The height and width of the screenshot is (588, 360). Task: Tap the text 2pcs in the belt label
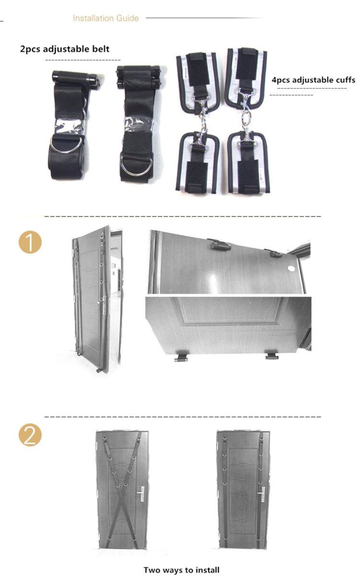[30, 49]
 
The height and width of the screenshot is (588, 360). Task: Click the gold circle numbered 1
[30, 242]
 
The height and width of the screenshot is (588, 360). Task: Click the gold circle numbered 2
[30, 435]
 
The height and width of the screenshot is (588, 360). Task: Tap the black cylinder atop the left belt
[76, 76]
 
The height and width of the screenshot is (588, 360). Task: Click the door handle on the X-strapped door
[141, 495]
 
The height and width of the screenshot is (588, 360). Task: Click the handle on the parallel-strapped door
[262, 495]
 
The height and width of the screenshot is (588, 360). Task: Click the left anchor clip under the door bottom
[180, 358]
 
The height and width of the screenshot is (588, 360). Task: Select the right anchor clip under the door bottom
[272, 356]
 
